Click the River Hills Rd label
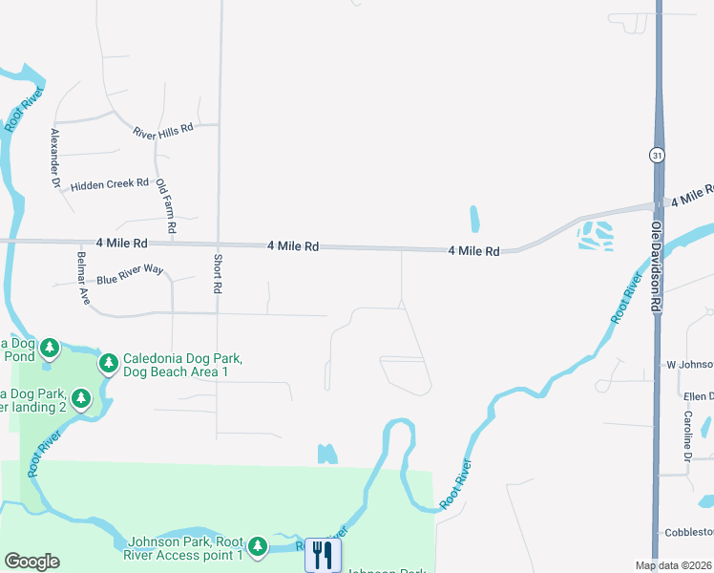163,128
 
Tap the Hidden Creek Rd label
110,183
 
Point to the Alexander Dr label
55,157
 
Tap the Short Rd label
218,273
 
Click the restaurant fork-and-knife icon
323,554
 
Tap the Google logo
31,562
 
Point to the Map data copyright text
674,565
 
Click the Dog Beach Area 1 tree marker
109,363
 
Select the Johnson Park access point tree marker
257,546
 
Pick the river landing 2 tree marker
81,396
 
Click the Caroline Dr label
686,436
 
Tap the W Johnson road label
689,365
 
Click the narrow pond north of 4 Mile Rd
473,220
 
